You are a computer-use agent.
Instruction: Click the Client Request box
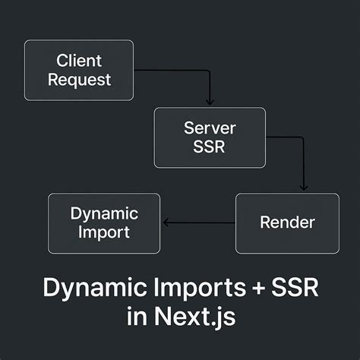point(78,69)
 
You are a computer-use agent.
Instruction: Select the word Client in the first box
point(78,60)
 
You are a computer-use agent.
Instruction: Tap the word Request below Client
point(79,78)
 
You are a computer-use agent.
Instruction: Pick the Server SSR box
point(210,137)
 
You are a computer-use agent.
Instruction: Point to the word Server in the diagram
point(210,128)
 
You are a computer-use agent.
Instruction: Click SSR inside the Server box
point(210,146)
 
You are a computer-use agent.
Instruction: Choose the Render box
point(287,223)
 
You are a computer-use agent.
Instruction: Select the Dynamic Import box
point(104,223)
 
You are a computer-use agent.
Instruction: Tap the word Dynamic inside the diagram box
point(105,213)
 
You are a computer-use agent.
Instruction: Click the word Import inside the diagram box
point(105,232)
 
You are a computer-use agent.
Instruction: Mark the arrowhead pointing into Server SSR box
point(210,103)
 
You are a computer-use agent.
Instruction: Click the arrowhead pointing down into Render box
point(304,188)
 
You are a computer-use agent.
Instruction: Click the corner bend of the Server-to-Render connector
point(304,137)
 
